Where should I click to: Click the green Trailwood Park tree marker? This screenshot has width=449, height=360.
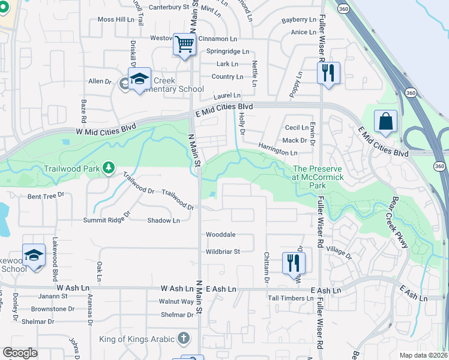pos(109,167)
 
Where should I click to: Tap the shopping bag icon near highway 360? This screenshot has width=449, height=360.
pos(385,121)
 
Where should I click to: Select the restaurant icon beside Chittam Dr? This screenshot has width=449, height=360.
pos(294,263)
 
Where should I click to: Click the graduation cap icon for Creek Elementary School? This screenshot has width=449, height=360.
pos(139,80)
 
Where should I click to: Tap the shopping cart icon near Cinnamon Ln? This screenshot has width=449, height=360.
pos(185,44)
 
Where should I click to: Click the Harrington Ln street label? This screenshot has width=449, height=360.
pos(277,149)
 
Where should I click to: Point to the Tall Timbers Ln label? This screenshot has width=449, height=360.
pos(291,298)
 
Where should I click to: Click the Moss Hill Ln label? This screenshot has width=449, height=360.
pos(116,19)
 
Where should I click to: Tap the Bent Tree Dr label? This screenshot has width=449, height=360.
pos(46,196)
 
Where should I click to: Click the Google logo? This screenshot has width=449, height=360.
pos(20,353)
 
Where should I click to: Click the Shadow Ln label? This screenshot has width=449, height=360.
pos(163,220)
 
